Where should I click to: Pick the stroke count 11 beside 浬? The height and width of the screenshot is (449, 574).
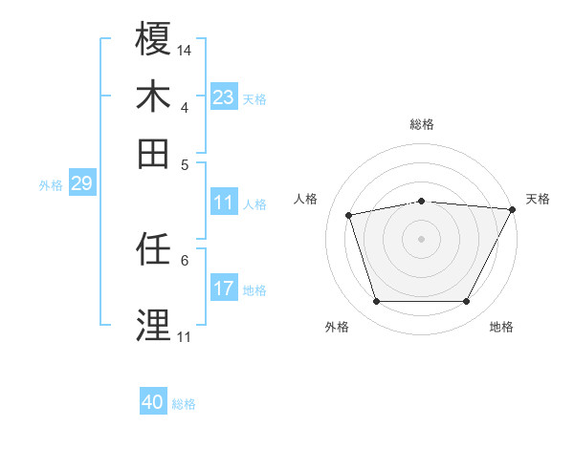tap(185, 336)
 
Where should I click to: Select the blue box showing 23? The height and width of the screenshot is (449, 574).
tap(224, 96)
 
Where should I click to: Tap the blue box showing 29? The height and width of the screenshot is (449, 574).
tap(81, 183)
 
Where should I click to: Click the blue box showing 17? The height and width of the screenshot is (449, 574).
tap(224, 289)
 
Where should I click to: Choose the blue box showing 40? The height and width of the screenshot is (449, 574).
tap(153, 402)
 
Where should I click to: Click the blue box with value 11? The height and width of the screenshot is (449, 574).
tap(224, 203)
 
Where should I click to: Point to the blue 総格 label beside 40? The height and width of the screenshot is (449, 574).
tap(185, 404)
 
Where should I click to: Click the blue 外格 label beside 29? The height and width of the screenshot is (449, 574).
tap(50, 185)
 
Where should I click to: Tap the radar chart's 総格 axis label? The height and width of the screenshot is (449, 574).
tap(422, 124)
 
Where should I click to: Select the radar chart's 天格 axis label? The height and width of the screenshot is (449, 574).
tap(538, 199)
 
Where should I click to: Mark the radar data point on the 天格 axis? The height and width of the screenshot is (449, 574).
tap(514, 209)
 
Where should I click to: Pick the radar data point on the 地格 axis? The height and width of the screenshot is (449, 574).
tap(466, 302)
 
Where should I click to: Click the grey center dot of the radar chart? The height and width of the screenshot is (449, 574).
tap(422, 239)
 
